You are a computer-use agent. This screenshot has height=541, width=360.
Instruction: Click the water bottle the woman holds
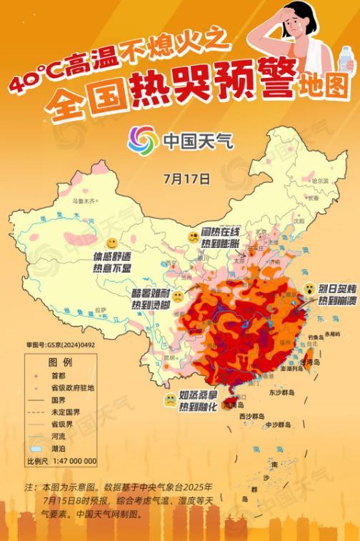346,61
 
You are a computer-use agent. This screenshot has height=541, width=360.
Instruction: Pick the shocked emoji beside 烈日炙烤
309,288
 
